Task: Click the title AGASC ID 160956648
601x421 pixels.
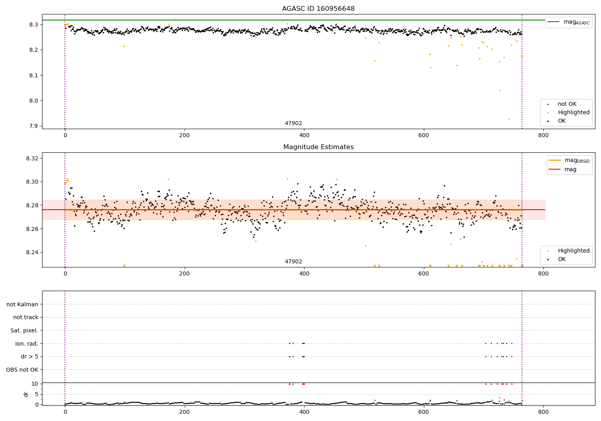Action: pos(318,9)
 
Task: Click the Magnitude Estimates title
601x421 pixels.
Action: pos(318,147)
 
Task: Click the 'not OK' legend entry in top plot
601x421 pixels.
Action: pos(567,104)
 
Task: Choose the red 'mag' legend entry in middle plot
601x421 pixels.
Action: pos(570,169)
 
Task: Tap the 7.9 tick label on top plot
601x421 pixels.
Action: pos(33,126)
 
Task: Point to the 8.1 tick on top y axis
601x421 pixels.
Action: pos(33,75)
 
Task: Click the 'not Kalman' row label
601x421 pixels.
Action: pos(22,304)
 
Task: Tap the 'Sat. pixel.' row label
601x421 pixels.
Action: pos(24,330)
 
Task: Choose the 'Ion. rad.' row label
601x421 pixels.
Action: pos(27,344)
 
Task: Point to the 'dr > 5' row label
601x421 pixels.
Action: pos(30,356)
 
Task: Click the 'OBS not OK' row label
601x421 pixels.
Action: pos(22,370)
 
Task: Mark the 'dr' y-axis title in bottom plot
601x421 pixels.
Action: pos(26,394)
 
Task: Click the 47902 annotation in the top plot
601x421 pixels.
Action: pos(293,123)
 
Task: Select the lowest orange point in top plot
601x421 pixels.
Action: pos(509,119)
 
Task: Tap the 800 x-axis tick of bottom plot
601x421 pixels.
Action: pos(543,411)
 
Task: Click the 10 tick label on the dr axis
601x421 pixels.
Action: pos(34,384)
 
